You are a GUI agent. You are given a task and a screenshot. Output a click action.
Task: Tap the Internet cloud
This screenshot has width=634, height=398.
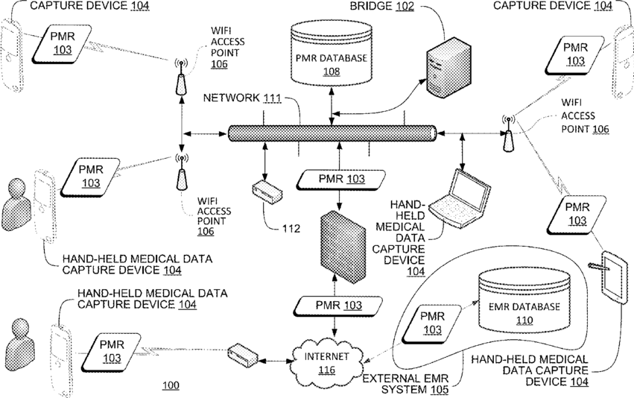pos(326,362)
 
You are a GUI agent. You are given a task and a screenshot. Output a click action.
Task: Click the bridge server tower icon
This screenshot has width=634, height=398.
pos(448,67)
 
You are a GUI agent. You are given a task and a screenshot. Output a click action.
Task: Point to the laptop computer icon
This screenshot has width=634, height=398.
pos(460,198)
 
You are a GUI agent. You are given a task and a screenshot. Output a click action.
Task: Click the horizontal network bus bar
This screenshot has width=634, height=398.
pos(332,133)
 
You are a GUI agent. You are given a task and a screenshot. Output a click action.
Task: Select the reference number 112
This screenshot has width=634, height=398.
pos(291,229)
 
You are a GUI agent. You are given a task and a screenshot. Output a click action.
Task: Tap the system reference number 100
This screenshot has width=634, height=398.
pos(171,385)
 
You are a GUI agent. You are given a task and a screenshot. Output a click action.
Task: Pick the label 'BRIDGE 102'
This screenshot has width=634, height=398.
pos(381,6)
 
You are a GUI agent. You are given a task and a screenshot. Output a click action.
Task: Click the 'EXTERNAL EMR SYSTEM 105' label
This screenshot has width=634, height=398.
pos(405,385)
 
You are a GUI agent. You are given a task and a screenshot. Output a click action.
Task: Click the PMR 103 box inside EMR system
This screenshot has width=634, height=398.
pos(431,323)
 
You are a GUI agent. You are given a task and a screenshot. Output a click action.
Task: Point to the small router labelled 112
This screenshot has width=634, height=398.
pos(267,192)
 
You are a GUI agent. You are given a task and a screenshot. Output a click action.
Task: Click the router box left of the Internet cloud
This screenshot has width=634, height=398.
pos(243,355)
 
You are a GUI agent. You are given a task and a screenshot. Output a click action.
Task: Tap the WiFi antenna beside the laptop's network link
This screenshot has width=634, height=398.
pos(508,133)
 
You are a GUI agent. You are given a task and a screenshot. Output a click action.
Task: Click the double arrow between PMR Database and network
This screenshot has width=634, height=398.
pos(332,106)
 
